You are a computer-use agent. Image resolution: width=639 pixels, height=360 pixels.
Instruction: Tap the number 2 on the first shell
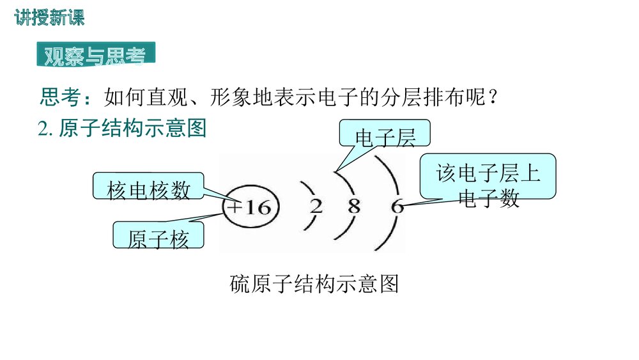pyautogui.click(x=316, y=207)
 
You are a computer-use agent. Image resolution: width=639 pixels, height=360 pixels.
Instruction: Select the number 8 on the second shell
pyautogui.click(x=355, y=207)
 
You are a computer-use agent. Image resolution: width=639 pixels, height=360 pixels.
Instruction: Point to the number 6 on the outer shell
pyautogui.click(x=397, y=207)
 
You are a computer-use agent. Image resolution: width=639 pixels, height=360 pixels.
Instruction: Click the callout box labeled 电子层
pyautogui.click(x=385, y=136)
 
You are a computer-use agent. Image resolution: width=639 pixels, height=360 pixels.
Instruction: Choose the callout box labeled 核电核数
pyautogui.click(x=148, y=189)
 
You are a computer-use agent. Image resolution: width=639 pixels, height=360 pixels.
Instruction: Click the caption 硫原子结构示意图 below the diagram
pyautogui.click(x=314, y=283)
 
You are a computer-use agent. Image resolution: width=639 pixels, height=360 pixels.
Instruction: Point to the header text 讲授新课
pyautogui.click(x=49, y=19)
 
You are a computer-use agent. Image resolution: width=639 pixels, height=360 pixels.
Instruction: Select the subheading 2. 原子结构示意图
pyautogui.click(x=123, y=129)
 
